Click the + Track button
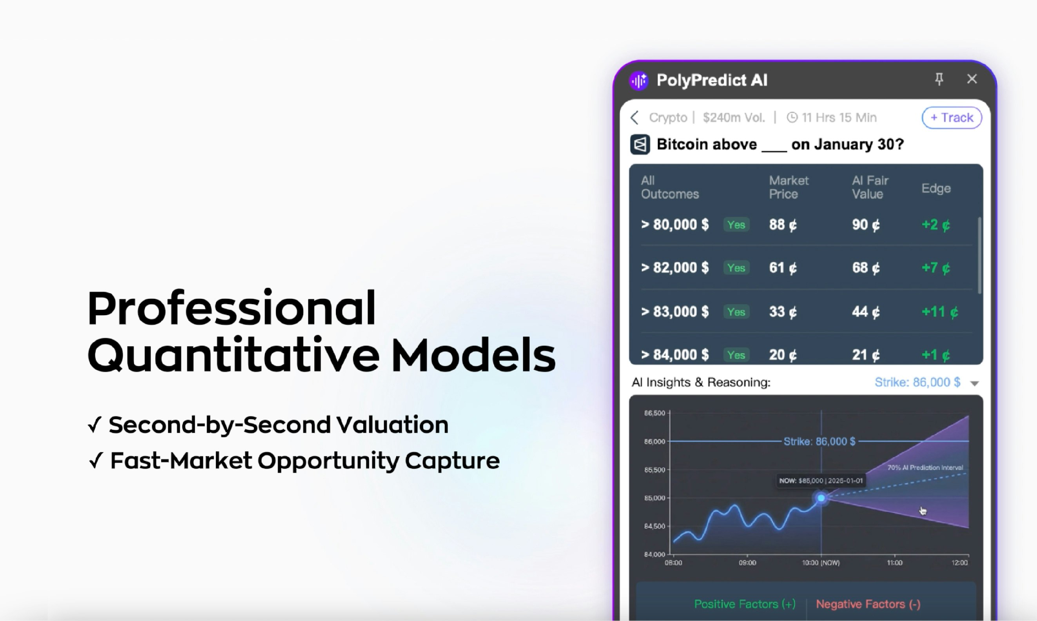click(952, 118)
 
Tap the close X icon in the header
click(972, 79)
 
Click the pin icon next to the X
click(939, 79)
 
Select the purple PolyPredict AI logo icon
click(639, 80)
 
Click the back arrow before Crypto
click(635, 118)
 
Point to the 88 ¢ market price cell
click(783, 225)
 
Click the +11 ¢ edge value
click(939, 312)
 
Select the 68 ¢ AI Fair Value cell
click(865, 268)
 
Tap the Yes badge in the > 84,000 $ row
click(736, 355)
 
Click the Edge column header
click(936, 188)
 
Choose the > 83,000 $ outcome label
click(675, 312)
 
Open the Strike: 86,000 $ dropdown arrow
click(974, 383)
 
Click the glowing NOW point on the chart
click(821, 498)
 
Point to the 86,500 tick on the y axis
click(654, 413)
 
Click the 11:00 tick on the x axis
click(894, 563)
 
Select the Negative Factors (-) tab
click(868, 604)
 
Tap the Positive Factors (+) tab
click(745, 604)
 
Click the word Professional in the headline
click(231, 309)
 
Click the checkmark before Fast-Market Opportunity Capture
click(96, 461)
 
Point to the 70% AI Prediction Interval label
click(925, 467)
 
